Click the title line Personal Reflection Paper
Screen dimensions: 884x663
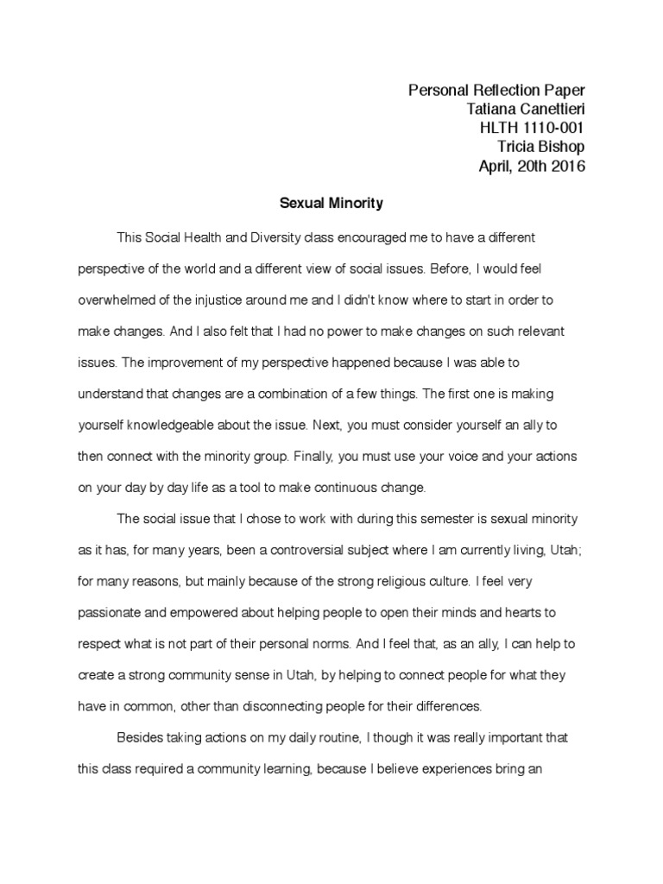pyautogui.click(x=496, y=91)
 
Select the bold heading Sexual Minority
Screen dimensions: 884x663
pyautogui.click(x=331, y=205)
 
